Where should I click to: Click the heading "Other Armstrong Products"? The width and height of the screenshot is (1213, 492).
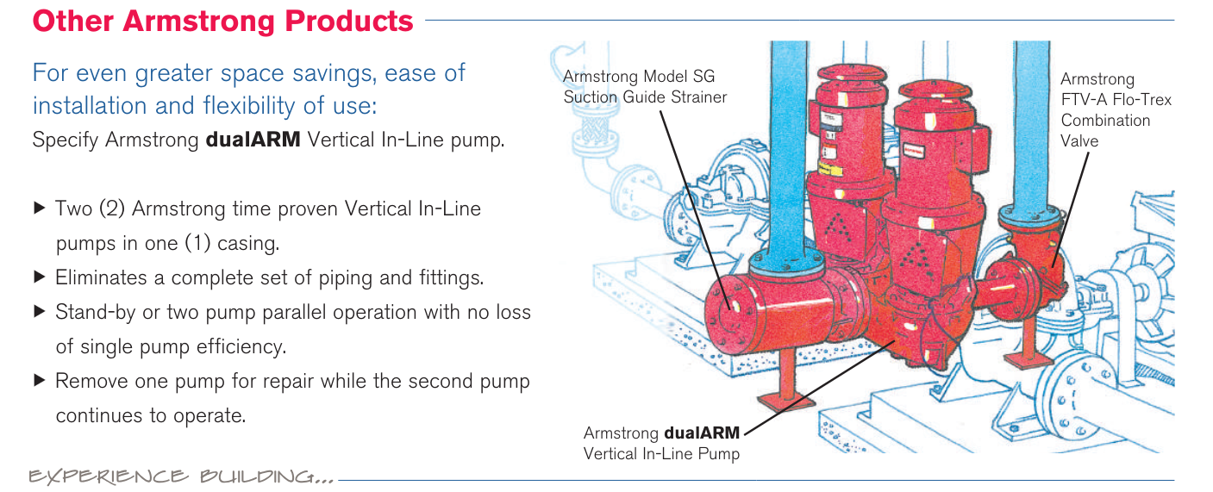[222, 21]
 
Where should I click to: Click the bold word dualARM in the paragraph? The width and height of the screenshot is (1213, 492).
[253, 140]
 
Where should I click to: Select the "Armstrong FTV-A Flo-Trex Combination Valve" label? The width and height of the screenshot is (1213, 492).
[1116, 110]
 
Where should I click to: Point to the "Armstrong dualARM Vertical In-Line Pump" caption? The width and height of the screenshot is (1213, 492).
[661, 443]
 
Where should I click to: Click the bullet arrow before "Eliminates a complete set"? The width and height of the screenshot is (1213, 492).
[39, 277]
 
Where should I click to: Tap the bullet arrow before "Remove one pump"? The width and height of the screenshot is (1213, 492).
[39, 380]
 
